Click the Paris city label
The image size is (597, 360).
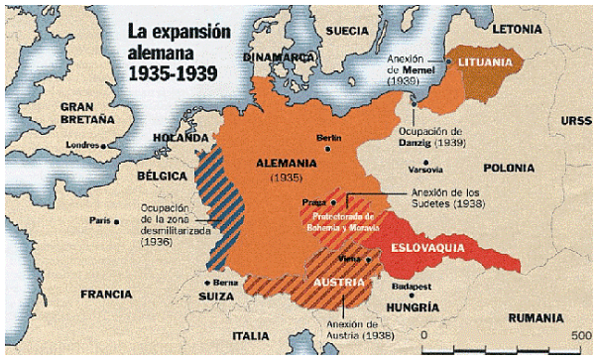pyautogui.click(x=97, y=219)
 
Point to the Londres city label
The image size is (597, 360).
pyautogui.click(x=80, y=145)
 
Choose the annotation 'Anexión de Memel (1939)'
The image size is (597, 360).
pyautogui.click(x=410, y=69)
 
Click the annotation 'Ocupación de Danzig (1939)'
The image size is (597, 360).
pyautogui.click(x=429, y=137)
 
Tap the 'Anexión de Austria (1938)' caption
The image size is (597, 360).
pyautogui.click(x=355, y=330)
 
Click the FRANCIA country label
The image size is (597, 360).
pyautogui.click(x=106, y=294)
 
